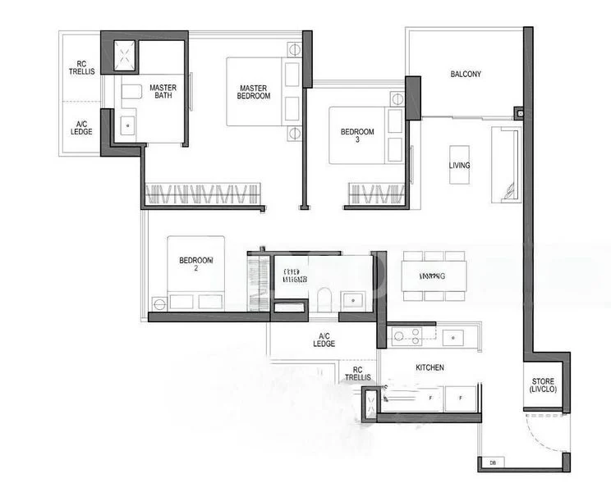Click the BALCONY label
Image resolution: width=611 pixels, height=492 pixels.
[465, 75]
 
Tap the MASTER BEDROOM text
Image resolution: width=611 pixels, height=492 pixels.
[255, 92]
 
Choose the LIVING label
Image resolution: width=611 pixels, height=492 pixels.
[460, 166]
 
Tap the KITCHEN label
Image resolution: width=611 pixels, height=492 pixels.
[430, 368]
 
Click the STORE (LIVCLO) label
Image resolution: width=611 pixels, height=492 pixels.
[543, 385]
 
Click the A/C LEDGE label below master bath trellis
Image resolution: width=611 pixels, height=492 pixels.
[81, 127]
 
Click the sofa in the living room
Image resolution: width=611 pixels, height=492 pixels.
[504, 164]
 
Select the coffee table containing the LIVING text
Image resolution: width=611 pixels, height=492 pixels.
[460, 166]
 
